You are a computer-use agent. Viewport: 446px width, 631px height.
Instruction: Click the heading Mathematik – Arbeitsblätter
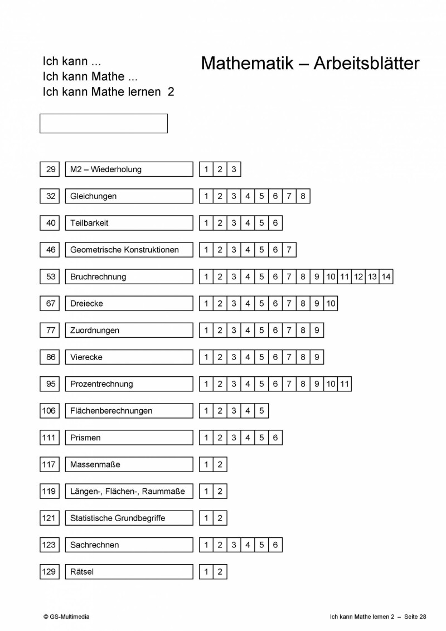[310, 64]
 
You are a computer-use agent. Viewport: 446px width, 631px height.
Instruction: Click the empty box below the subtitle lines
[104, 123]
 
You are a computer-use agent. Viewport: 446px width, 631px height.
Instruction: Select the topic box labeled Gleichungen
[129, 196]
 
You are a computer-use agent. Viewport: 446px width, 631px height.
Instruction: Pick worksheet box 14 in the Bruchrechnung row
[386, 276]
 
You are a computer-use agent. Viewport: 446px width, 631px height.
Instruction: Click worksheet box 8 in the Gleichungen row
[303, 196]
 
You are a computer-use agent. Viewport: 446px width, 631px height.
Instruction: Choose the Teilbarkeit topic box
[129, 223]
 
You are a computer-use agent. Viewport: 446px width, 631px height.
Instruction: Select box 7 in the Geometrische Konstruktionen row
[289, 250]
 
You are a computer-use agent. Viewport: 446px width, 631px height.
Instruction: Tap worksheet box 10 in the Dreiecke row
[331, 303]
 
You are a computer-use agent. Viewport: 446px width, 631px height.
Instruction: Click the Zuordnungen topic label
[129, 330]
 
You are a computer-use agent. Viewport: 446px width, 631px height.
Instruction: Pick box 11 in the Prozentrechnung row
[345, 384]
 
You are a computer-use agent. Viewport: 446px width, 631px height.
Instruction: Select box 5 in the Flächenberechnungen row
[261, 411]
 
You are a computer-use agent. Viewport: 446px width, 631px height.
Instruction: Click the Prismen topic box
[129, 438]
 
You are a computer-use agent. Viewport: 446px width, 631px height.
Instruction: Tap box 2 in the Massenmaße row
[220, 464]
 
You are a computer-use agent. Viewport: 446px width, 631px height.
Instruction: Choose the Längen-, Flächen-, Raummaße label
[129, 491]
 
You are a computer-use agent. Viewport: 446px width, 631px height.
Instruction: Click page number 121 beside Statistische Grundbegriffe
[49, 518]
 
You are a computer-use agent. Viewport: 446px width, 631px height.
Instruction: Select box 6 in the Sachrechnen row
[275, 545]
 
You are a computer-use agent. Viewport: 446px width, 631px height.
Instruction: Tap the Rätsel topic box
[129, 571]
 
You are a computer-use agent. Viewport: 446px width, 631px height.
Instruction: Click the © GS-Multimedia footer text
[66, 617]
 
